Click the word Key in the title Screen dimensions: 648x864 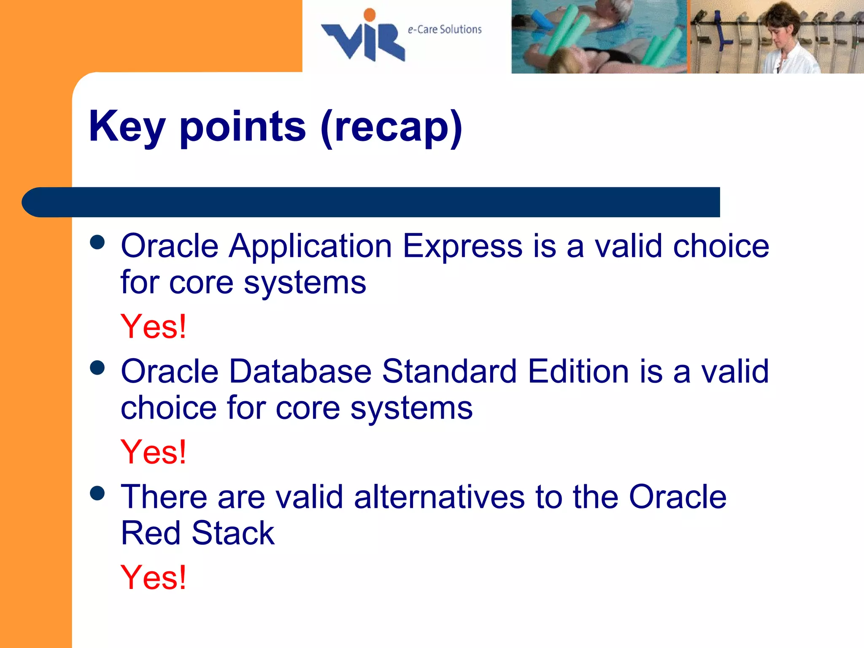pos(127,127)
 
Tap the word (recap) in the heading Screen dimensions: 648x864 pos(391,127)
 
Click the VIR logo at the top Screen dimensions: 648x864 pos(363,40)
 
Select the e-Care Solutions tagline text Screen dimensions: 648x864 pos(444,30)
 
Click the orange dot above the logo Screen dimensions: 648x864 pos(370,15)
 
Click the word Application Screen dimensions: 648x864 pos(310,246)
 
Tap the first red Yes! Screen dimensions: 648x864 pos(154,327)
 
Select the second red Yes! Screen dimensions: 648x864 pos(154,452)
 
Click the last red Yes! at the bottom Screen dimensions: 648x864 pos(154,578)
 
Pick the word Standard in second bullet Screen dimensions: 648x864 pos(449,371)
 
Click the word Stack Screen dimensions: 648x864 pos(233,533)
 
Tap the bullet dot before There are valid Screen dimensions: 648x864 pos(97,493)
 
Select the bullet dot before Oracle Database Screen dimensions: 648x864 pos(97,367)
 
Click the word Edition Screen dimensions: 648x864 pos(578,371)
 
